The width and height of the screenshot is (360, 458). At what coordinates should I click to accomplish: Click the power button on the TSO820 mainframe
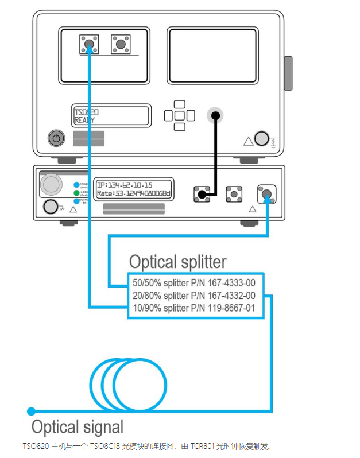[56, 138]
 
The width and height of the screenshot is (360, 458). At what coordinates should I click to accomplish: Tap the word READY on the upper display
[84, 121]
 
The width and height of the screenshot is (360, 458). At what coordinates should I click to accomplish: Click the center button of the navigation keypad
[179, 115]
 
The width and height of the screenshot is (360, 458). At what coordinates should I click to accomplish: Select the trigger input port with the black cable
[215, 115]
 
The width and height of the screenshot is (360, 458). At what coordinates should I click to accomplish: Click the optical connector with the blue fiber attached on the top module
[88, 44]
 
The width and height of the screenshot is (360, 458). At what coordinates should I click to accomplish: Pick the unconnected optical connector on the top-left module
[120, 44]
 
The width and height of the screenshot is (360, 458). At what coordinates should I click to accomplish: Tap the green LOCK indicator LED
[76, 193]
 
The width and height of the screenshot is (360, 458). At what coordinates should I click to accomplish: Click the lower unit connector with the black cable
[201, 193]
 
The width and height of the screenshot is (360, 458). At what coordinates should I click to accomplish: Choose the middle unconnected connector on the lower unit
[234, 193]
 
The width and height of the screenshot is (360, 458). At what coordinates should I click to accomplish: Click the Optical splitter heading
[177, 262]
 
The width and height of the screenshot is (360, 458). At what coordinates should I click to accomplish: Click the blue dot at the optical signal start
[32, 411]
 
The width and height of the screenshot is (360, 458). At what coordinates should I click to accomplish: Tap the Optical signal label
[77, 427]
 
